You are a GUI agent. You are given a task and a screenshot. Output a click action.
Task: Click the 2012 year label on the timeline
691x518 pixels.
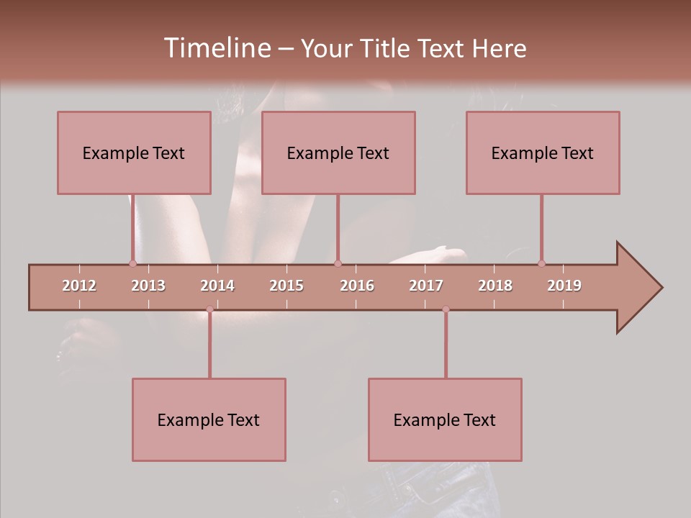(79, 286)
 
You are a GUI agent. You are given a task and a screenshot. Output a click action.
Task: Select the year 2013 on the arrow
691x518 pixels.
(148, 286)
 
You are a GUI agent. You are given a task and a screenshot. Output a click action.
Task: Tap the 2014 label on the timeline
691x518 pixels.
(217, 286)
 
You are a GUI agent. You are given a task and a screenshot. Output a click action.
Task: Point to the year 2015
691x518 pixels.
(286, 286)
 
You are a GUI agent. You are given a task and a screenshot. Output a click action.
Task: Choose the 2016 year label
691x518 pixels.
(357, 286)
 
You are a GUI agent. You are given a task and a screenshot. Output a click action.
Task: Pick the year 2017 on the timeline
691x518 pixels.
(426, 286)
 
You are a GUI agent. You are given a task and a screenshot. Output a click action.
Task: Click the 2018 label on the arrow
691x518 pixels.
(495, 286)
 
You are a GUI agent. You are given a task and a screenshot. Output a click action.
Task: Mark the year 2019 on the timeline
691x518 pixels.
(564, 286)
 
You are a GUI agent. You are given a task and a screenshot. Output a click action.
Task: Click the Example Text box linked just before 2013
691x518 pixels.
(134, 153)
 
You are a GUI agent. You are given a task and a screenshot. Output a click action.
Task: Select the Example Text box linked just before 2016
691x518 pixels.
(338, 153)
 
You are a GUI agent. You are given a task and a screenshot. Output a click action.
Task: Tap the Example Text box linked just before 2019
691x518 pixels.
(543, 153)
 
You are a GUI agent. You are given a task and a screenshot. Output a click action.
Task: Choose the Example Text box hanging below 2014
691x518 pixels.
(209, 419)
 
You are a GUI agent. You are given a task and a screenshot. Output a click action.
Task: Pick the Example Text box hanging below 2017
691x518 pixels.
(445, 419)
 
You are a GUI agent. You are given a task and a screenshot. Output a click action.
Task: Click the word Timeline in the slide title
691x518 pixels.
(216, 48)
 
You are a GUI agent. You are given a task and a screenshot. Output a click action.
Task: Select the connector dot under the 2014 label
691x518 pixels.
(209, 309)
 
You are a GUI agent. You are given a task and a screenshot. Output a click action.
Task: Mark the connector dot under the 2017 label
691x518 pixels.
(446, 309)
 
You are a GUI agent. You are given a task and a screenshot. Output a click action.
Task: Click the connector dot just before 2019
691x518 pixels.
(541, 263)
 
